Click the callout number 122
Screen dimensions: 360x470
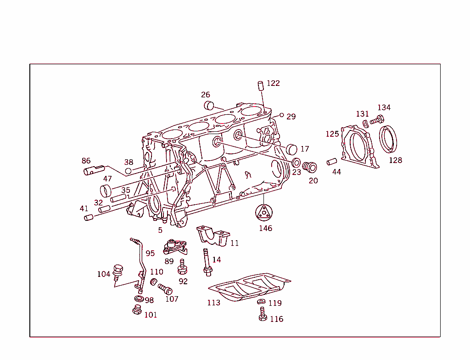click(x=273, y=83)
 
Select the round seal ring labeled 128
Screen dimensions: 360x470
click(x=389, y=139)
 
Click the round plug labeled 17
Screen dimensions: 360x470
click(x=292, y=149)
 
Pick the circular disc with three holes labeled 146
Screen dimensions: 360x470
click(x=264, y=213)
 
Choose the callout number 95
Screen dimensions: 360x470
click(x=150, y=253)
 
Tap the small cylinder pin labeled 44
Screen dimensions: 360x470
click(x=332, y=162)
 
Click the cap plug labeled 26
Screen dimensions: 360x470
click(x=209, y=105)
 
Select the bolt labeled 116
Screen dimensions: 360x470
click(x=263, y=315)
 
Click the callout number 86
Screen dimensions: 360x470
click(x=86, y=161)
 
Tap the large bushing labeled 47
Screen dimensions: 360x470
click(x=106, y=190)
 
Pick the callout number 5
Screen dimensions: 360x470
click(x=160, y=230)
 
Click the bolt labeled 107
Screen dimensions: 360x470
click(x=165, y=289)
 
